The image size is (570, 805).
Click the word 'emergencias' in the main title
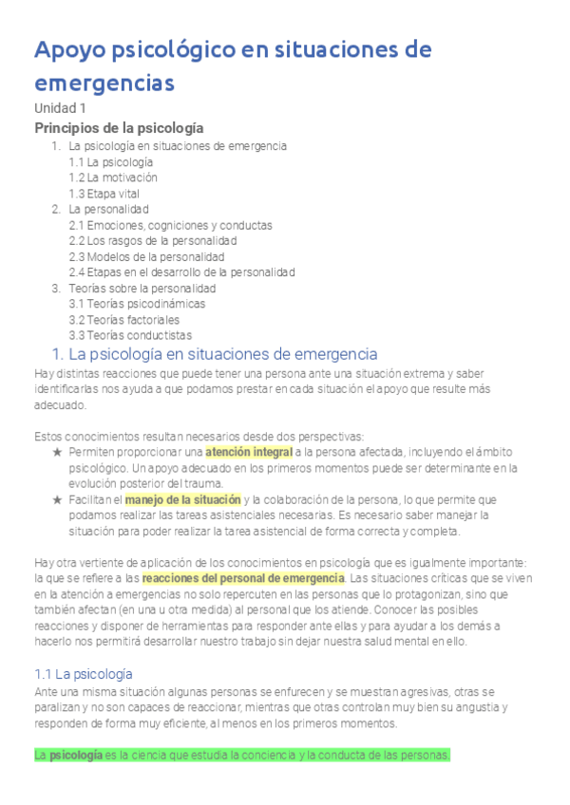click(x=104, y=83)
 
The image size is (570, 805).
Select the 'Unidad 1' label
click(x=60, y=108)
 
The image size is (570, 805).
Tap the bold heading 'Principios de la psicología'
click(x=119, y=127)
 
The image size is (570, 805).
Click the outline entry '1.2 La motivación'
click(x=113, y=178)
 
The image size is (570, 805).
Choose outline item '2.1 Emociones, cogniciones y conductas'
click(x=171, y=225)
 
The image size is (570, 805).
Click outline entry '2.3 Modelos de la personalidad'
click(x=146, y=256)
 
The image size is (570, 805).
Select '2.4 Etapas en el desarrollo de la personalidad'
click(x=181, y=272)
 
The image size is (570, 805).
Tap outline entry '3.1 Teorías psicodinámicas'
click(x=137, y=304)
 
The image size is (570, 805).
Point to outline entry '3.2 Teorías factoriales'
click(x=124, y=320)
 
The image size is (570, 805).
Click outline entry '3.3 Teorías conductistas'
click(x=130, y=335)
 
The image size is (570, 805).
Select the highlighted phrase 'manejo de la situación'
click(x=182, y=499)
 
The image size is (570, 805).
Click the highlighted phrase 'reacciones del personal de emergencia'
click(x=243, y=578)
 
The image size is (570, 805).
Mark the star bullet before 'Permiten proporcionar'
click(x=58, y=452)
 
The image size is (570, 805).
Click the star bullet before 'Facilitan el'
click(x=58, y=499)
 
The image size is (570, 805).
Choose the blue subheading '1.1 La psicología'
click(x=84, y=674)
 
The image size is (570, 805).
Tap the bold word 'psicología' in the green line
click(x=76, y=756)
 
